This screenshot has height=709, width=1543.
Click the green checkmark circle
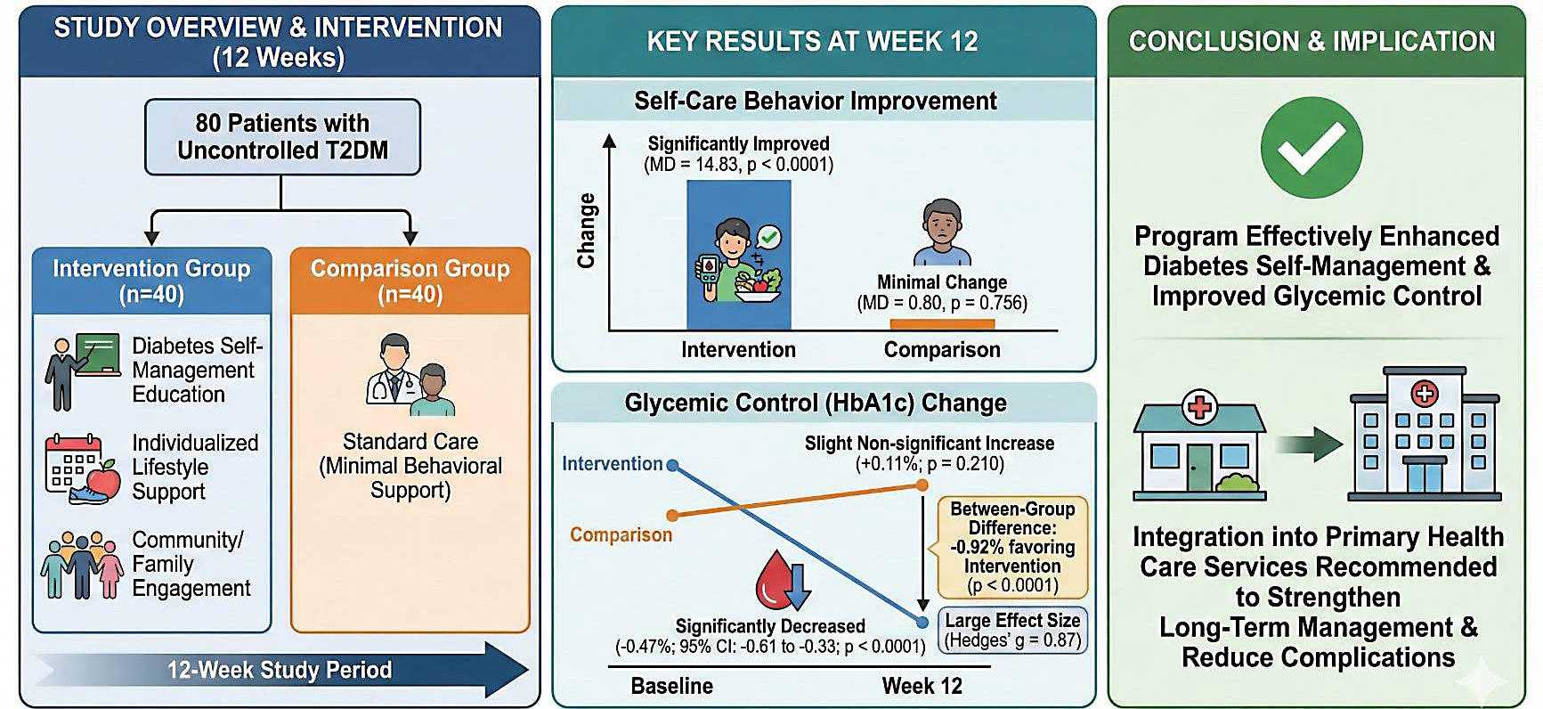1312,148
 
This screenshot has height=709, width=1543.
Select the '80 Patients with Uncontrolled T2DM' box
282,136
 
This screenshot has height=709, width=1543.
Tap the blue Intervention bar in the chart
738,255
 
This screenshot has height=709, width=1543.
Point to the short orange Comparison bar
941,325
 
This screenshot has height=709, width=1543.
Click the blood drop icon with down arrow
783,581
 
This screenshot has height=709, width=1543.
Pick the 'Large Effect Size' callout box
1012,630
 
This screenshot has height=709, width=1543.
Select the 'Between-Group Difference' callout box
1012,547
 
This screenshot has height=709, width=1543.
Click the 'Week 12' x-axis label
922,686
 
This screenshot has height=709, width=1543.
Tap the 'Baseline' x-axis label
671,686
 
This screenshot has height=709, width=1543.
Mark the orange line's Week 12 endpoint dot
922,485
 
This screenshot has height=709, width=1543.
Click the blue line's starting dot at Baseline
672,465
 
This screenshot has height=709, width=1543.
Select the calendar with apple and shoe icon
82,469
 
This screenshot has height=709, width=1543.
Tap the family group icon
82,565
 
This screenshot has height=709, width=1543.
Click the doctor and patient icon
410,376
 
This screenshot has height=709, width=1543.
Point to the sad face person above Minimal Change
941,233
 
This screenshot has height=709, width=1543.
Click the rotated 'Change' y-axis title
586,231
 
